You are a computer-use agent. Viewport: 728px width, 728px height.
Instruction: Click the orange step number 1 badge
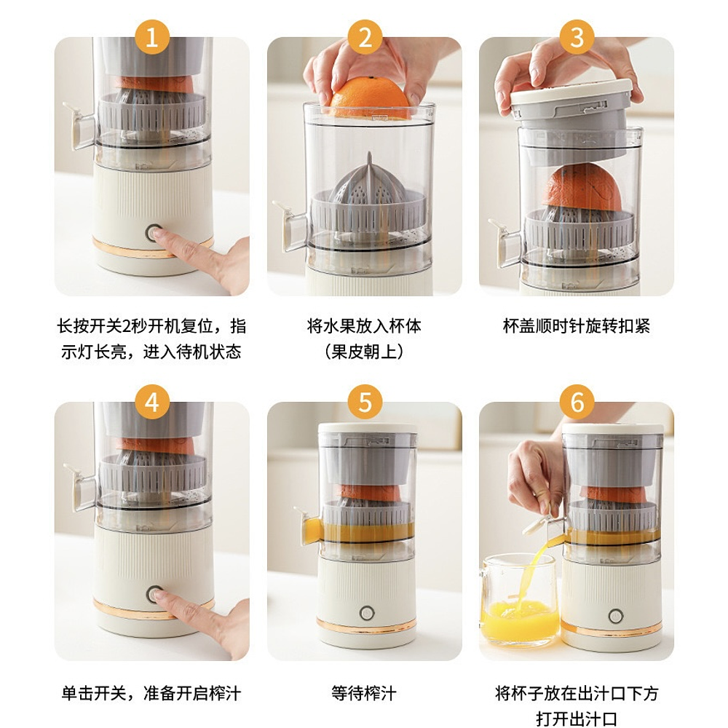tap(152, 37)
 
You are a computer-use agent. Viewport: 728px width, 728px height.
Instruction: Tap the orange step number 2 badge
tap(365, 37)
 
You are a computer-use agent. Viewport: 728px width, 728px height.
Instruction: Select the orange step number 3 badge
tap(577, 37)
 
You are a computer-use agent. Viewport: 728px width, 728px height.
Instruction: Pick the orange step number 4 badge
tap(152, 402)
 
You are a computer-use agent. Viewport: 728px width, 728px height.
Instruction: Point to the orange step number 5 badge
tap(365, 402)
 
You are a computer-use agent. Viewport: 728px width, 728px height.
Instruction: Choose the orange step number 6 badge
tap(577, 402)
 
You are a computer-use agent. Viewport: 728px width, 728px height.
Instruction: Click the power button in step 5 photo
tap(367, 613)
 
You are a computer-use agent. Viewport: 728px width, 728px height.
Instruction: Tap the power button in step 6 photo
tap(616, 616)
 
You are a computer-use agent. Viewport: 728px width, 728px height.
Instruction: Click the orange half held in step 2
tap(370, 98)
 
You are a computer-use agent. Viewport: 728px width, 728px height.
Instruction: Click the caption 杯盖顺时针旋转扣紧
tap(577, 326)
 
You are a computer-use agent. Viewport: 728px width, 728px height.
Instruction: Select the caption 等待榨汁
tap(364, 693)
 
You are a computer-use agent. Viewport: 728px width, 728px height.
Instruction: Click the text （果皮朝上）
tap(364, 352)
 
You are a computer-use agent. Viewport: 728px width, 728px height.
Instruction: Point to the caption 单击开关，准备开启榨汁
tap(151, 693)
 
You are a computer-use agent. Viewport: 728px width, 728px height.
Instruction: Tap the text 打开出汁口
tap(577, 719)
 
